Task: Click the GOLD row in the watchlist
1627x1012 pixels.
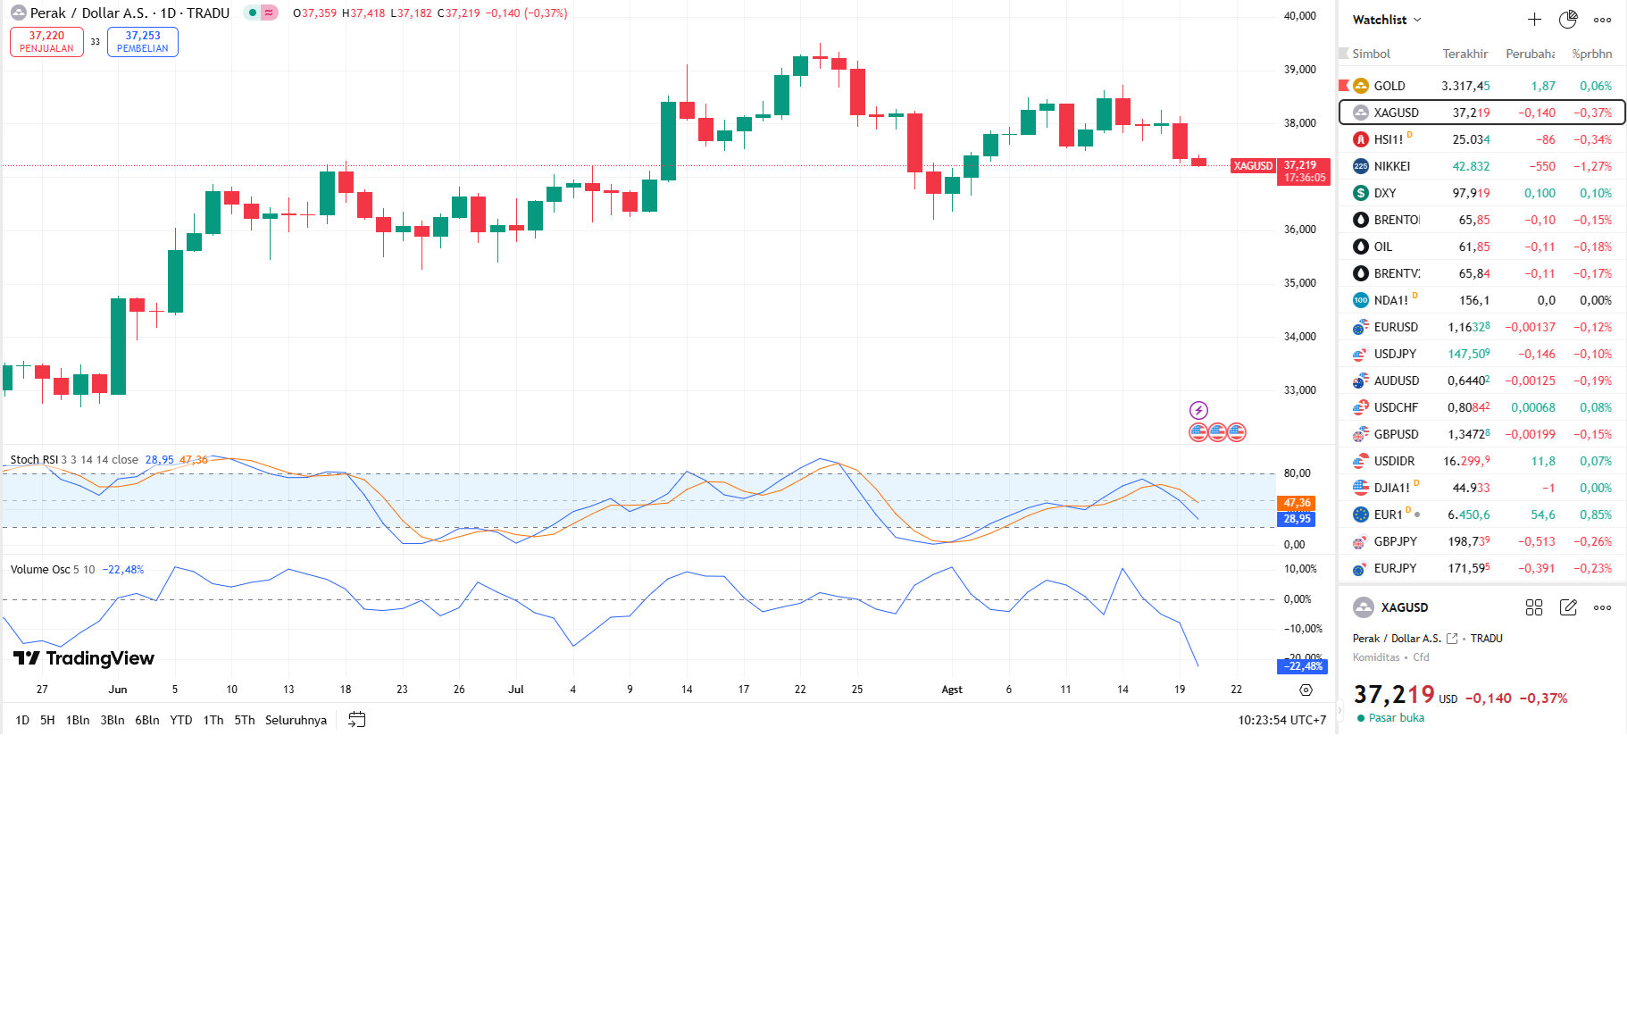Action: coord(1389,86)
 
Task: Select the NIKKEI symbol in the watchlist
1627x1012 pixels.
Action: coord(1391,166)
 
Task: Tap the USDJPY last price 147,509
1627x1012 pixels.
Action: coord(1468,354)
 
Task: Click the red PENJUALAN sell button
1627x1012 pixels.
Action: coord(46,42)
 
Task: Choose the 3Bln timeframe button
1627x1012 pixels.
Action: coord(113,720)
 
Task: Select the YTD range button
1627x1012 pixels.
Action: coord(181,720)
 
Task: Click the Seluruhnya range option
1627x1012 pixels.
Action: coord(296,720)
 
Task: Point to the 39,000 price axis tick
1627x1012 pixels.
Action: coord(1299,70)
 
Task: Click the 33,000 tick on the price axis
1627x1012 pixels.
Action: coord(1299,390)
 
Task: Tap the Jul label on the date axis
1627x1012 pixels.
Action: coord(516,690)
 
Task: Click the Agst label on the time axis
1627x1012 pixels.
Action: coord(952,690)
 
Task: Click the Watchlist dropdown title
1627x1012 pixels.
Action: coord(1387,20)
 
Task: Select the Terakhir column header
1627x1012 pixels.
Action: coord(1464,54)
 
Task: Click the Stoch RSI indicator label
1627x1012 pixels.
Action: coord(34,460)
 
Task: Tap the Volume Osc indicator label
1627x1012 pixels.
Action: coord(40,570)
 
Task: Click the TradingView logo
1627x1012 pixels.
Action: coord(84,658)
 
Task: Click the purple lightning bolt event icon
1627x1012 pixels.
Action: coord(1198,410)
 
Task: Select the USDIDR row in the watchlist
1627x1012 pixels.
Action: coord(1394,461)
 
